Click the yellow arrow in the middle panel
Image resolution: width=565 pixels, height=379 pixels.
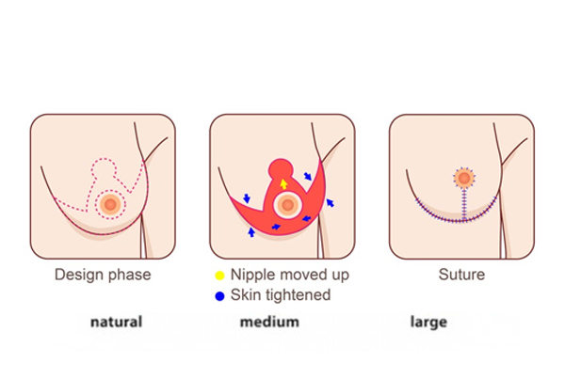[x=283, y=184]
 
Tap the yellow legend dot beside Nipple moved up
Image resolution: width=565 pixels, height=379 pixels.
[x=219, y=276]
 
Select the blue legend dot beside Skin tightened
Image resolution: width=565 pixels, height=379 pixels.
[x=219, y=296]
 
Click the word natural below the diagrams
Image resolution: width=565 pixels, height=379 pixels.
[x=117, y=322]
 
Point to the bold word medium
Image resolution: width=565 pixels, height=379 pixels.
[x=269, y=322]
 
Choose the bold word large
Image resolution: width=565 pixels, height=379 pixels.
[x=428, y=323]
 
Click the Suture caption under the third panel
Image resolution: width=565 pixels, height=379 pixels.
[x=461, y=275]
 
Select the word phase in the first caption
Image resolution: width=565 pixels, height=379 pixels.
[x=130, y=276]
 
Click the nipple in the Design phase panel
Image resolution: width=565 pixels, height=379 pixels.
[x=110, y=204]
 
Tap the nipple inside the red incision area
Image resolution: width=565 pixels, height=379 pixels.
[x=287, y=205]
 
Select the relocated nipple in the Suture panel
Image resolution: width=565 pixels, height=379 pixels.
[x=464, y=178]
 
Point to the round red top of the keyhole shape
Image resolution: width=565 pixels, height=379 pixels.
[x=281, y=168]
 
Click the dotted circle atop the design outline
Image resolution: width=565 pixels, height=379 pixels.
[x=104, y=168]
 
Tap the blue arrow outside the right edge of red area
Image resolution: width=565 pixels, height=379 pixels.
[x=331, y=202]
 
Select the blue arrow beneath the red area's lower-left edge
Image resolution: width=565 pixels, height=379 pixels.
[x=251, y=232]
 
